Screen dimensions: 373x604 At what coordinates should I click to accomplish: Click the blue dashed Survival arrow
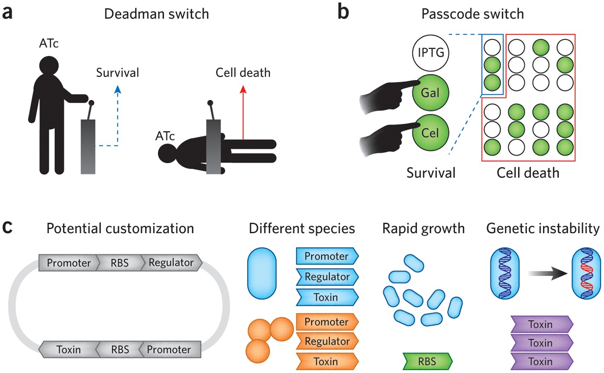116,117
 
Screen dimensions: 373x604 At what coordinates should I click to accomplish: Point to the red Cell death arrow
243,113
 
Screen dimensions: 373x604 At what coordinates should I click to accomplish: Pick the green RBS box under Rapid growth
427,360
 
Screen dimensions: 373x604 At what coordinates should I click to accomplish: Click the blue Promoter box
327,256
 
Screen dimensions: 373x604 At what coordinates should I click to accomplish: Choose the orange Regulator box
327,341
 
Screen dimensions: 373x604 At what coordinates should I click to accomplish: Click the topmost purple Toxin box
542,324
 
